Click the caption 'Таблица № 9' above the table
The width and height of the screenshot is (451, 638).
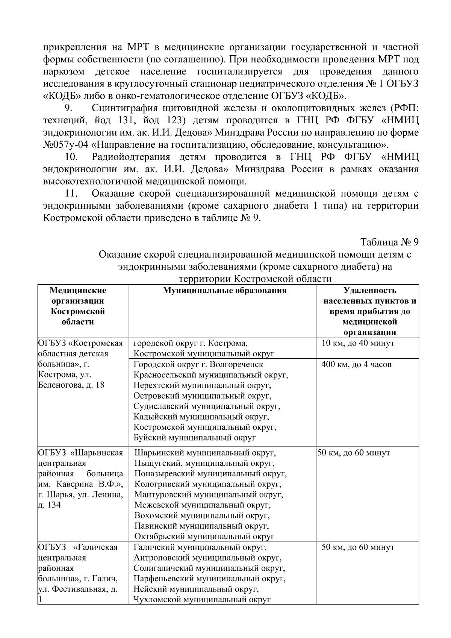(389, 242)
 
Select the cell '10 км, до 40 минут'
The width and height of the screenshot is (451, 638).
(358, 343)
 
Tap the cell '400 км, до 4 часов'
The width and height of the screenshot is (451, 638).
(357, 364)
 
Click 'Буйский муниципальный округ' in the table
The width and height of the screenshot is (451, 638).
(195, 438)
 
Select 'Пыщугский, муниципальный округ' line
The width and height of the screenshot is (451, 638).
(204, 463)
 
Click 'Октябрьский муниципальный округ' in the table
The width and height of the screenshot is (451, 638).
(204, 536)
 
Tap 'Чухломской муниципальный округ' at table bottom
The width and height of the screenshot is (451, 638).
(202, 600)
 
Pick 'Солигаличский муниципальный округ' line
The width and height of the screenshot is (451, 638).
(209, 568)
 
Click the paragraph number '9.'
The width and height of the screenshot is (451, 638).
(68, 108)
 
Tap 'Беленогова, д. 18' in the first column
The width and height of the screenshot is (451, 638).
(71, 385)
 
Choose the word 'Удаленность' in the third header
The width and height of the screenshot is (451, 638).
(370, 291)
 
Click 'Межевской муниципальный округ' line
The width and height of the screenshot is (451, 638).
(202, 505)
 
